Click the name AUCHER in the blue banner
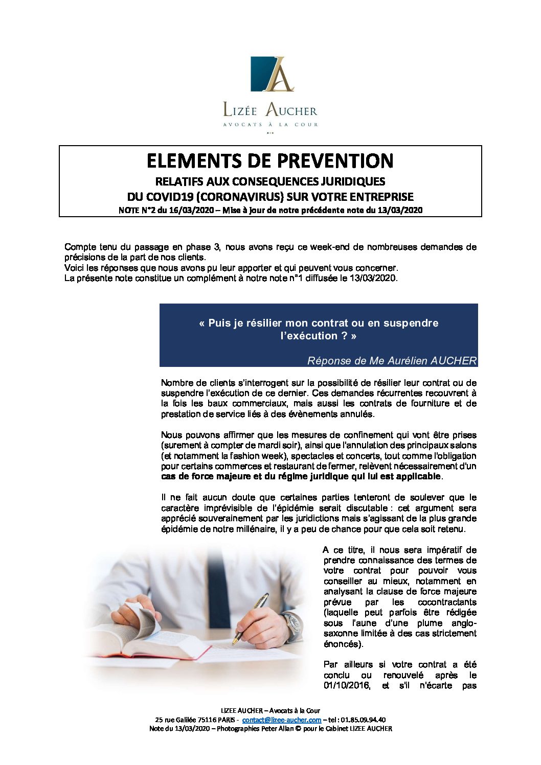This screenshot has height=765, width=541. pos(454,361)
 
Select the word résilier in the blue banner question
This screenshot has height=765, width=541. pos(263,323)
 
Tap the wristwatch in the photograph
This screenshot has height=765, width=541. pos(294,624)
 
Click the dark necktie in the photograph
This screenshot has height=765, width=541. pos(215,572)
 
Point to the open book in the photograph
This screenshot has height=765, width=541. pos(153,639)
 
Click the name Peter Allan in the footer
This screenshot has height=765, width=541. pos(277,728)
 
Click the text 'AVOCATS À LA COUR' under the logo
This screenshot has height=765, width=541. pos(270,124)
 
